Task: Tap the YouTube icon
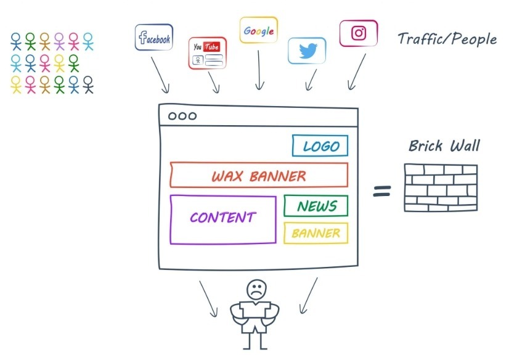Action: pyautogui.click(x=207, y=54)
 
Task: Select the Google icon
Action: pyautogui.click(x=258, y=30)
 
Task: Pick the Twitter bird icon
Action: pyautogui.click(x=307, y=51)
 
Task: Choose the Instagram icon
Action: pyautogui.click(x=359, y=33)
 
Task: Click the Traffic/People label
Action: pyautogui.click(x=447, y=39)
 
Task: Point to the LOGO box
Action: pyautogui.click(x=320, y=146)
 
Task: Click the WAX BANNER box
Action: pyautogui.click(x=259, y=176)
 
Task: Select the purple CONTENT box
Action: pyautogui.click(x=222, y=219)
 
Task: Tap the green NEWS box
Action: pyautogui.click(x=316, y=207)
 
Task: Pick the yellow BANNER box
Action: pyautogui.click(x=316, y=234)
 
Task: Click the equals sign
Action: pyautogui.click(x=383, y=191)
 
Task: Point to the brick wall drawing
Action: pyautogui.click(x=440, y=185)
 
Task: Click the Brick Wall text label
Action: pyautogui.click(x=444, y=147)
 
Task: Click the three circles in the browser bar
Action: pyautogui.click(x=182, y=116)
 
